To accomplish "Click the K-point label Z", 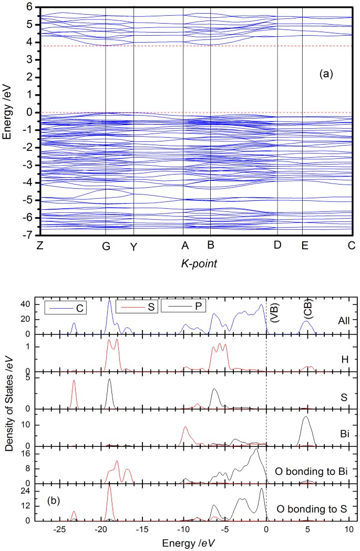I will click(40, 246).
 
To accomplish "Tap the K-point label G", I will click(106, 247).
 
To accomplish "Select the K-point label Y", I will click(134, 248).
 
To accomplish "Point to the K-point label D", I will click(277, 246).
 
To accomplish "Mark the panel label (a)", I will click(327, 74).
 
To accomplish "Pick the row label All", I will click(337, 319).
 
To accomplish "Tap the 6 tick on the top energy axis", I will click(24, 7).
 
